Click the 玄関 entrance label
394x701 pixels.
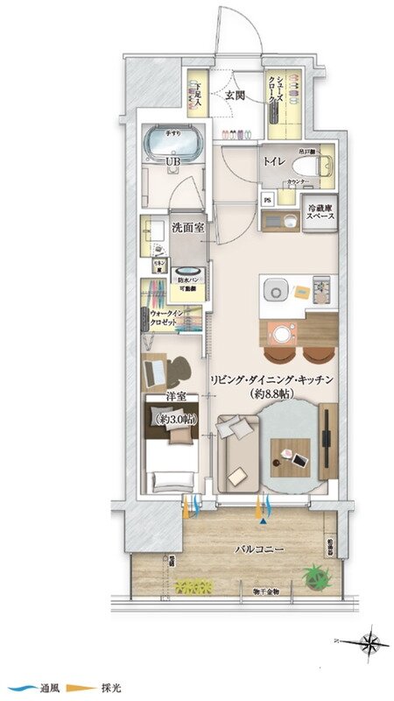click(x=233, y=96)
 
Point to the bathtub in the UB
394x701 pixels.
click(x=174, y=140)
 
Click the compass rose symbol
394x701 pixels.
click(x=374, y=644)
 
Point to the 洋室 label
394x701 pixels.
click(x=177, y=397)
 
